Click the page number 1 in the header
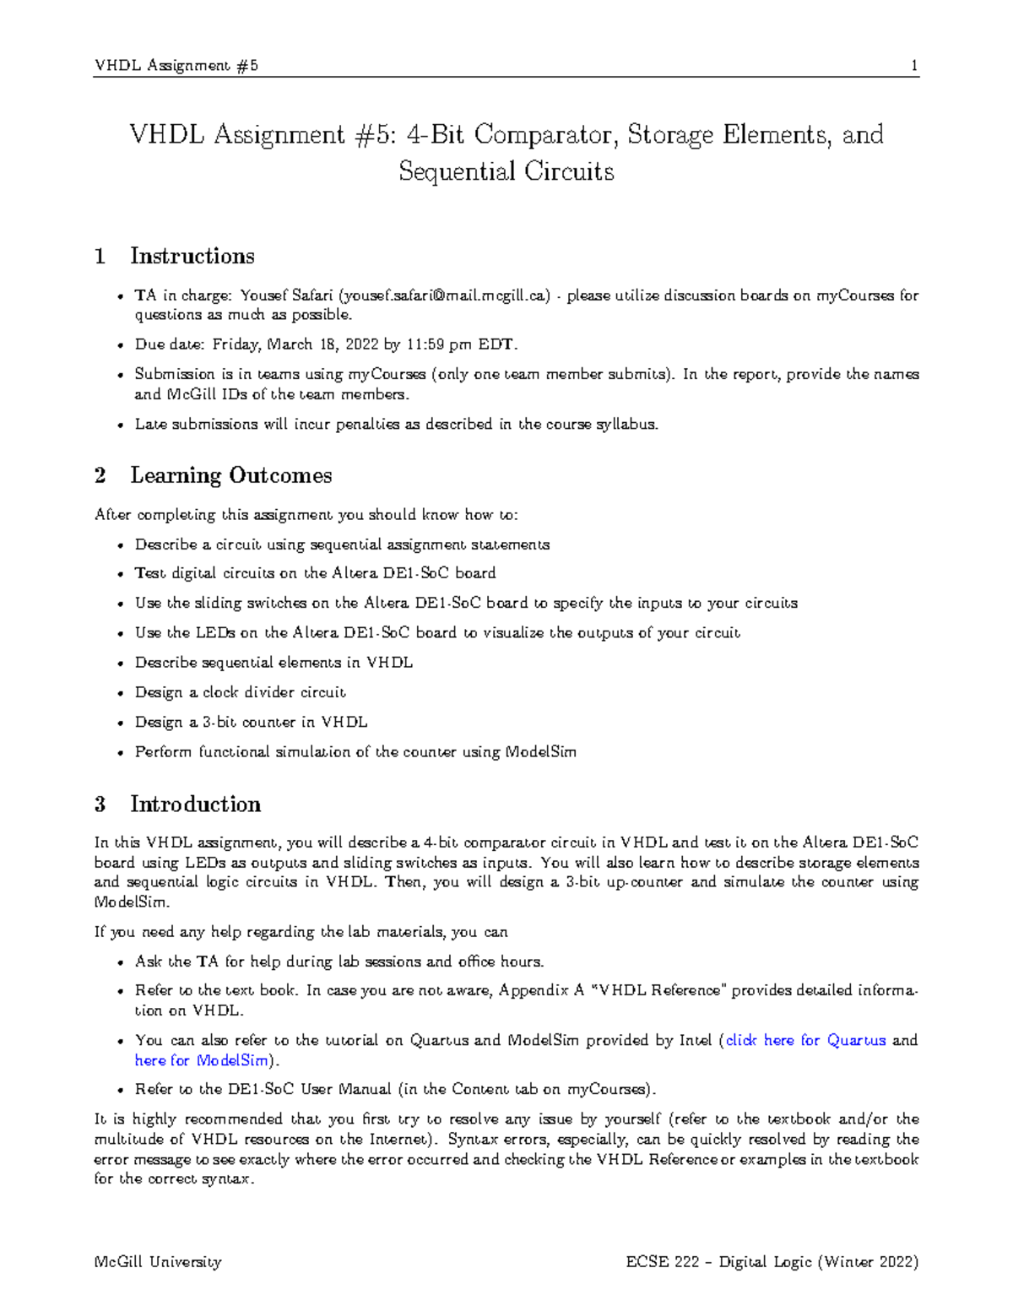pos(914,66)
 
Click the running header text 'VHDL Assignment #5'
pos(176,66)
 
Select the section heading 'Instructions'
pos(192,256)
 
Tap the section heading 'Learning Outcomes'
pos(230,475)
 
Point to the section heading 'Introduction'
pos(195,804)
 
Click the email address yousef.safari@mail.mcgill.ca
pos(443,295)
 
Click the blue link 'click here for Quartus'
pos(805,1040)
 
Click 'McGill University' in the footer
pos(158,1262)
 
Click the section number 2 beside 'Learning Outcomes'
pos(100,475)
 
